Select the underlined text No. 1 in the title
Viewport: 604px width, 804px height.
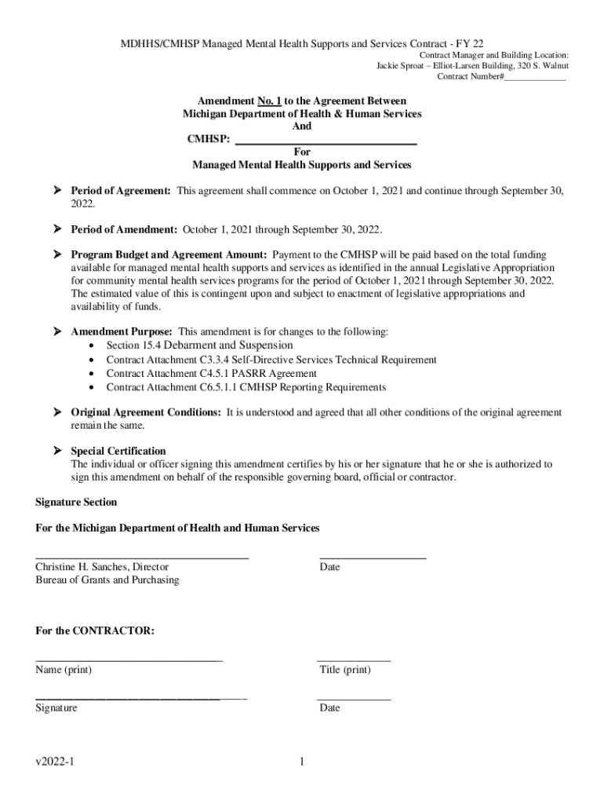point(269,101)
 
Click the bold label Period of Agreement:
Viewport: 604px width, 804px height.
point(121,191)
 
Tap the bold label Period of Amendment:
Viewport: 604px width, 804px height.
point(124,229)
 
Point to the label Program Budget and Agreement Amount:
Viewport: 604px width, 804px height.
point(169,255)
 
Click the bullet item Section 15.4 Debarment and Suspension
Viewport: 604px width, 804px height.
point(199,345)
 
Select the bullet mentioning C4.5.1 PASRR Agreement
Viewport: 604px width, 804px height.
point(211,374)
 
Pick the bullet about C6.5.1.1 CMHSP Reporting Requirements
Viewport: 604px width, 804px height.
point(246,388)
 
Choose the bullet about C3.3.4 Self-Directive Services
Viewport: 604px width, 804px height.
point(271,360)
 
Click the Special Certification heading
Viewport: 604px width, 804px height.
point(118,451)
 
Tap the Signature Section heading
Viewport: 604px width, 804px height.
point(76,502)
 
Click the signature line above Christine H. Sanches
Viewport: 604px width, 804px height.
point(142,557)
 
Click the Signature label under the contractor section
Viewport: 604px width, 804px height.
point(56,708)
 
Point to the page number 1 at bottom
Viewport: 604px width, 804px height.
point(302,762)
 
